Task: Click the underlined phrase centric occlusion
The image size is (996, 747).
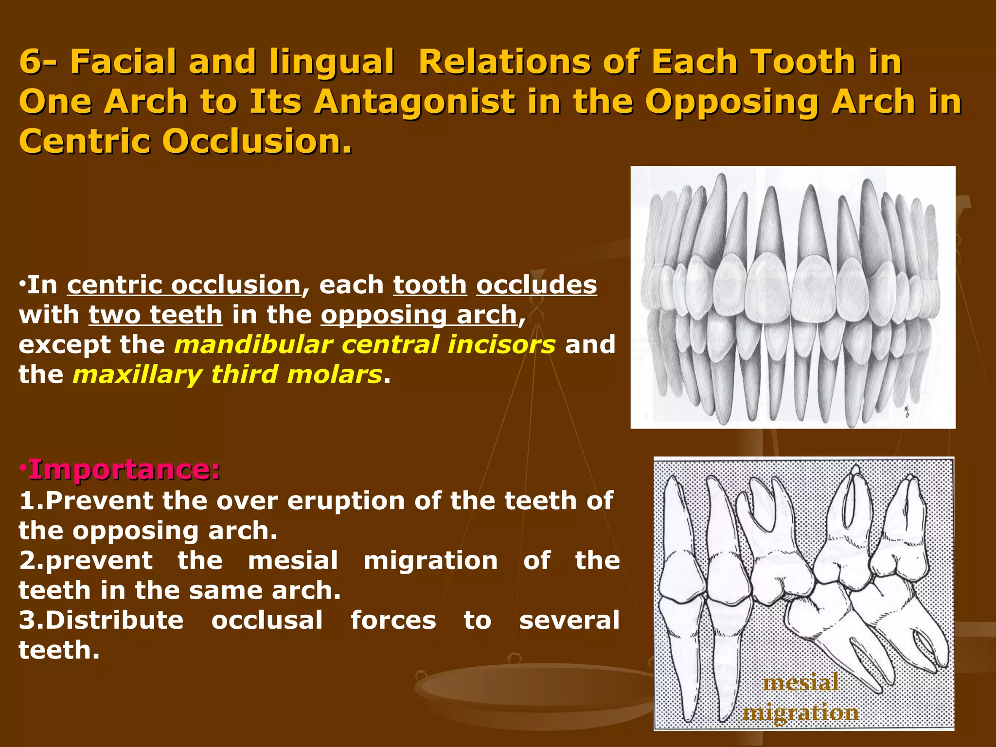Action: click(184, 285)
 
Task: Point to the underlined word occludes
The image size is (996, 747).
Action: click(536, 285)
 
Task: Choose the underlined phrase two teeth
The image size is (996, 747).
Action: click(156, 315)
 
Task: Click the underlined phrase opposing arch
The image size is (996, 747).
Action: click(419, 315)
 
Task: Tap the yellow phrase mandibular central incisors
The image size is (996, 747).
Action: click(365, 345)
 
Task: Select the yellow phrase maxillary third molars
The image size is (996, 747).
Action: click(227, 375)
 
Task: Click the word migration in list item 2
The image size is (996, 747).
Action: click(430, 561)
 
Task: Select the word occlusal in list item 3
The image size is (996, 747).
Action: click(267, 621)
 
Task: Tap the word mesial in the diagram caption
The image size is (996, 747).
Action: click(800, 682)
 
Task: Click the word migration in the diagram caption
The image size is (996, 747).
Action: click(800, 713)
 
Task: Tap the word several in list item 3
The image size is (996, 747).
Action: click(569, 621)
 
